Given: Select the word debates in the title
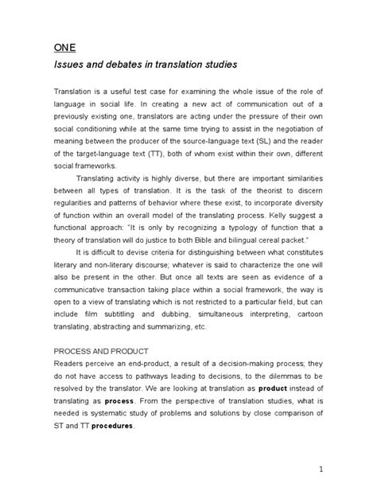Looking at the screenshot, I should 113,62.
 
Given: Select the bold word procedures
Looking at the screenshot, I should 114,426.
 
